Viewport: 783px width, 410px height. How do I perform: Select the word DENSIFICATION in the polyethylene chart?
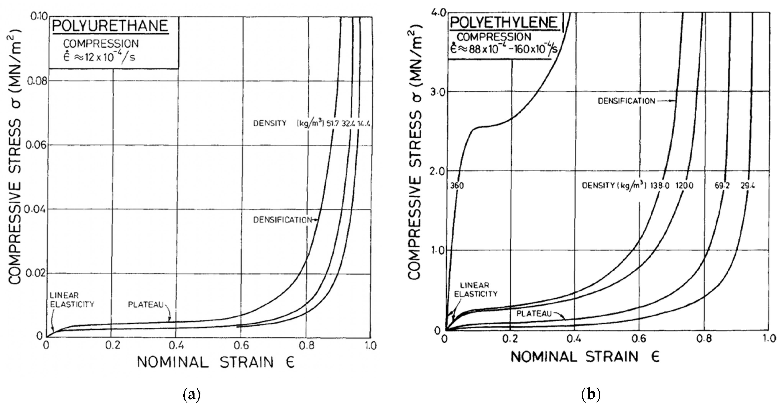(626, 101)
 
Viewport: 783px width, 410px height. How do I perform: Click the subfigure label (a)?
(192, 395)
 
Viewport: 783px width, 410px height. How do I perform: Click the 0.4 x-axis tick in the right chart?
(575, 339)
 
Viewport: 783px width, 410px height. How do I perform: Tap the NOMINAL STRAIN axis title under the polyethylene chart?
(585, 357)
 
